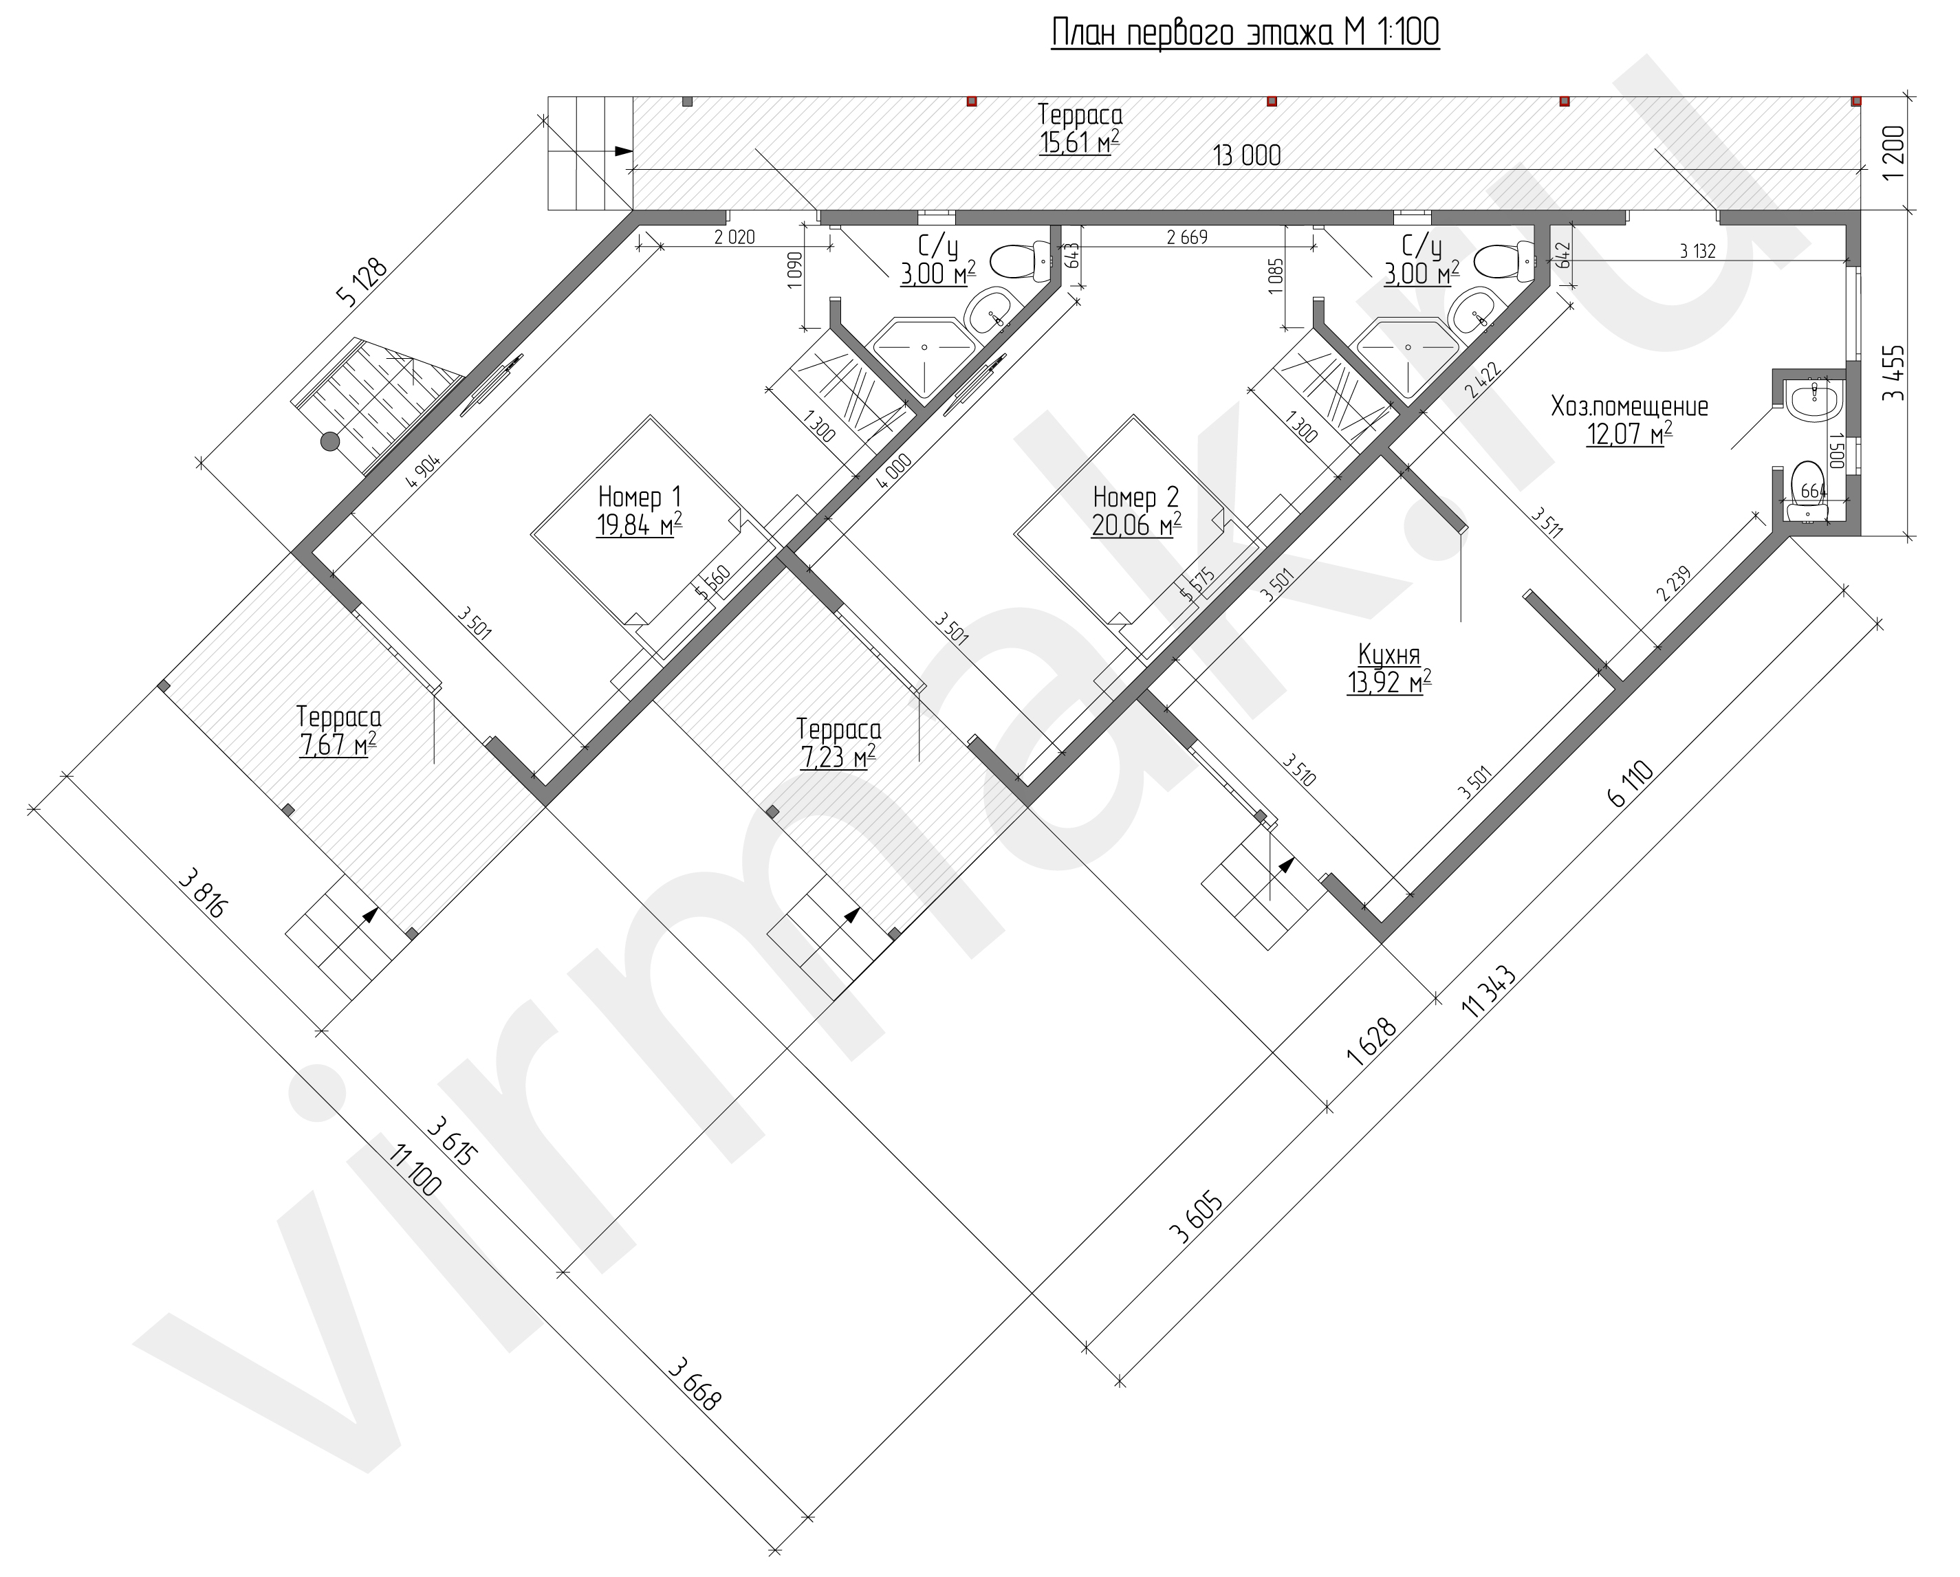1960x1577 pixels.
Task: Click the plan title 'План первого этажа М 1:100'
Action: click(x=1245, y=33)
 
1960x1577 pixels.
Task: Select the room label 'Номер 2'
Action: click(x=1135, y=497)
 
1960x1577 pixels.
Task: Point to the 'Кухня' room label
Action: click(x=1389, y=654)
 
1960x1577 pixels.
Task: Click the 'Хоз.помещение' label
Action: click(x=1630, y=406)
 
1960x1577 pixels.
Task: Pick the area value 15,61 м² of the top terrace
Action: click(x=1079, y=142)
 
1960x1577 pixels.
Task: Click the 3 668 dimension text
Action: click(x=695, y=1382)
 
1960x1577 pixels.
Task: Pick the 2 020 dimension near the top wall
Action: click(x=734, y=238)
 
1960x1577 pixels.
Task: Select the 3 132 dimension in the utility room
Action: click(x=1697, y=252)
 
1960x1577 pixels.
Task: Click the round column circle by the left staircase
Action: click(x=329, y=443)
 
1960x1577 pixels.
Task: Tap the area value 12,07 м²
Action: click(x=1630, y=434)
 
